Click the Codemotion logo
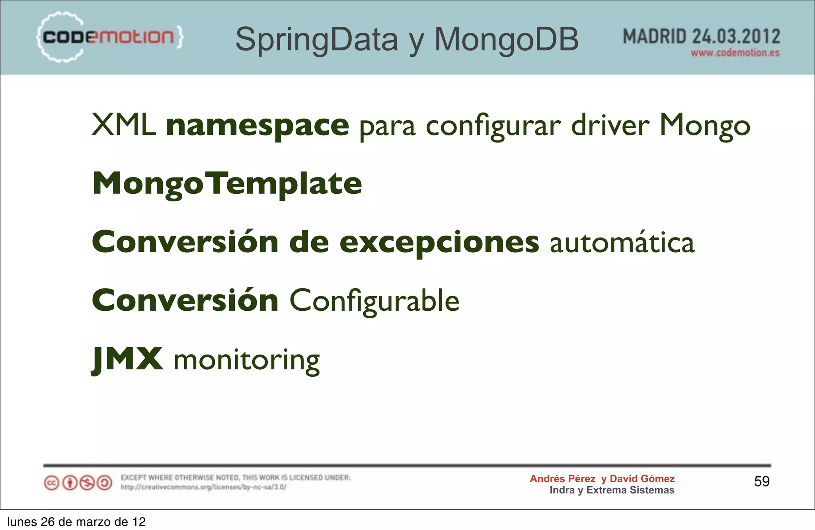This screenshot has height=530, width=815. [x=109, y=37]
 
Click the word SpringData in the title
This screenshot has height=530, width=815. [x=316, y=39]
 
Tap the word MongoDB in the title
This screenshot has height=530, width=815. [x=506, y=39]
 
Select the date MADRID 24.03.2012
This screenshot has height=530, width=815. [x=701, y=37]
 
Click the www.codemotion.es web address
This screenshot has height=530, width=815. [x=735, y=53]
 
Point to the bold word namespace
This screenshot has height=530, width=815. [x=257, y=126]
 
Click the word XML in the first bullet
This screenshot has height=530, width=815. [x=123, y=125]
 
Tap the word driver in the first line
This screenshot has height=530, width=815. [x=610, y=126]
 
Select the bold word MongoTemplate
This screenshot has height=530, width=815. [x=227, y=184]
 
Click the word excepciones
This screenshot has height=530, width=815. [x=439, y=242]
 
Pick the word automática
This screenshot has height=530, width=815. [x=622, y=243]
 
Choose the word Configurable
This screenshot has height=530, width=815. [x=374, y=301]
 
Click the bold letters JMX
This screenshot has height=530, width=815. [x=127, y=359]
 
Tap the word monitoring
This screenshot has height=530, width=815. [x=247, y=360]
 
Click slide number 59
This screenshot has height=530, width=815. [x=762, y=481]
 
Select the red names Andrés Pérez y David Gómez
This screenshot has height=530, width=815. [x=602, y=479]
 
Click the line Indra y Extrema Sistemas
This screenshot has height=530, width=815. [x=612, y=490]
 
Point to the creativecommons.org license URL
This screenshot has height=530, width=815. [x=203, y=487]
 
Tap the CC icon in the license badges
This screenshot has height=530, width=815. [x=51, y=483]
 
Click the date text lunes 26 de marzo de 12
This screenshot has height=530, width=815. [x=76, y=522]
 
